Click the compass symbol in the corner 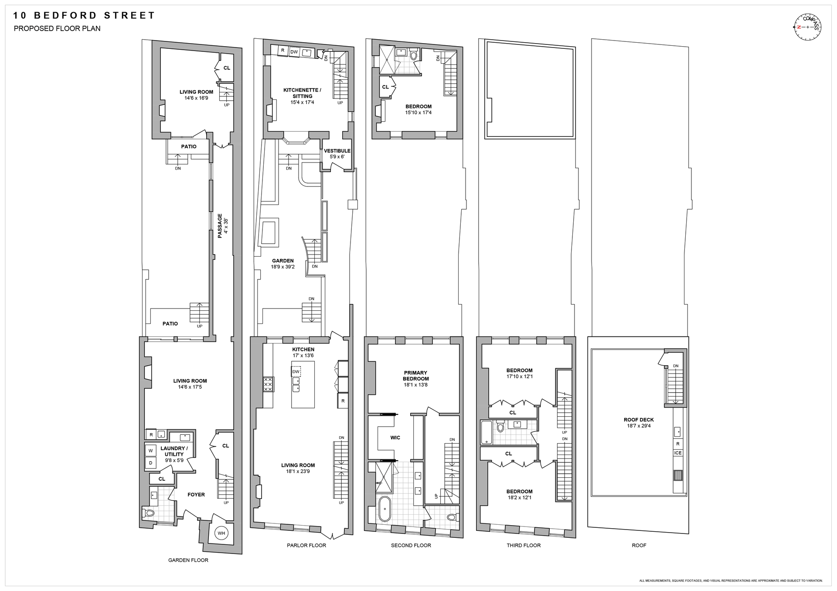click(807, 27)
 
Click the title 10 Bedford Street click(84, 16)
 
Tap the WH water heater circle click(221, 533)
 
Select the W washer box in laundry click(151, 450)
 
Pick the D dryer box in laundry click(151, 463)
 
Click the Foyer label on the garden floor click(196, 495)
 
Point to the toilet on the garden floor click(148, 513)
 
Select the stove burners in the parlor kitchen click(268, 385)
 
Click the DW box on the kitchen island click(296, 372)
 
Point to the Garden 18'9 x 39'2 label click(282, 264)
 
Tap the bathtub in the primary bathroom click(385, 509)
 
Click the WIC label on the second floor click(395, 438)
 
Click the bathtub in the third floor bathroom click(487, 432)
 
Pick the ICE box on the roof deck click(677, 453)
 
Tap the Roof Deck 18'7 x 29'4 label click(639, 423)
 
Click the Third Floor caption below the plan click(524, 545)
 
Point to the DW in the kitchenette click(294, 52)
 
